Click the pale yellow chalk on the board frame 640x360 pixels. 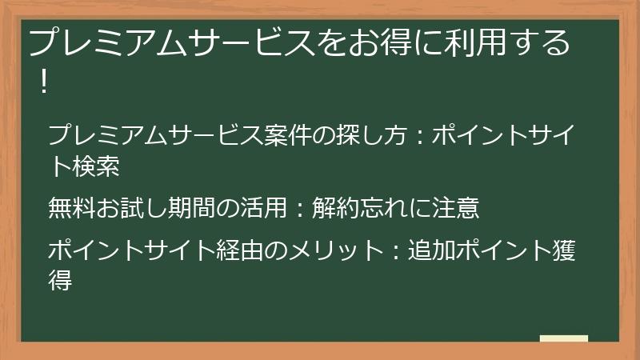click(563, 338)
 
